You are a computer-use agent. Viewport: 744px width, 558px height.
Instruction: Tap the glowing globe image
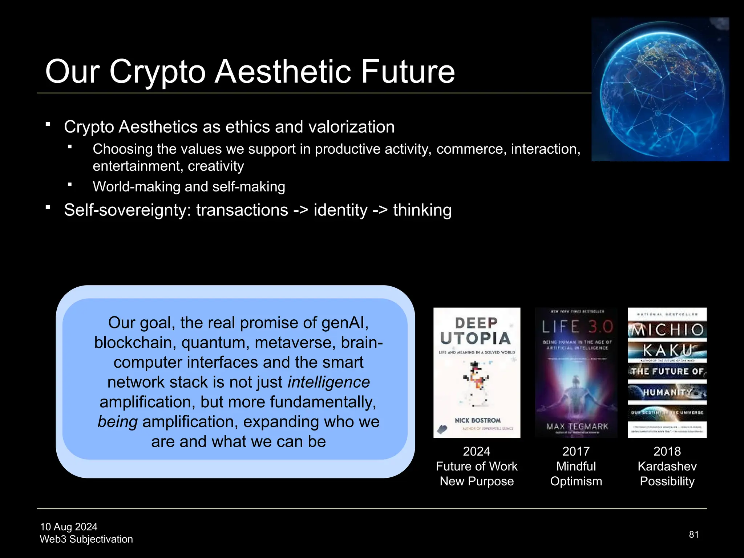660,89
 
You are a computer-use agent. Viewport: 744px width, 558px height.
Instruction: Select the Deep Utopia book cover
477,372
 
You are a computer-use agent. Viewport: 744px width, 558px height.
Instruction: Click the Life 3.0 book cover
576,372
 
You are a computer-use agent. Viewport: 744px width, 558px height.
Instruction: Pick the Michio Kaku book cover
667,372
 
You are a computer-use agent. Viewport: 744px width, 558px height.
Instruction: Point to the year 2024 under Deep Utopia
476,451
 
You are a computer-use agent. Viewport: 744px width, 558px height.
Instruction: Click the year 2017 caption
576,451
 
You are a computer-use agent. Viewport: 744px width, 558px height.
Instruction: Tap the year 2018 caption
667,451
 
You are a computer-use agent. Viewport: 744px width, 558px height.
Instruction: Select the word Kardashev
667,466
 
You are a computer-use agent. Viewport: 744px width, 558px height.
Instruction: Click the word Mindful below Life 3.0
576,466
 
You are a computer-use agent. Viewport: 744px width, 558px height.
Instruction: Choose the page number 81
694,534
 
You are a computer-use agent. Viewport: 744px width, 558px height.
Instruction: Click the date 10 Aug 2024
69,527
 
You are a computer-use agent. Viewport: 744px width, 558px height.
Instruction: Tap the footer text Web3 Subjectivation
86,539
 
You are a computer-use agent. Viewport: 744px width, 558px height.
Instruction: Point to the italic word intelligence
328,382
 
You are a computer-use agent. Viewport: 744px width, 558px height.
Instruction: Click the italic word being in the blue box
117,422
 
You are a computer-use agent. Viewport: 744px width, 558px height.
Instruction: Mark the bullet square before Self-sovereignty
48,207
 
